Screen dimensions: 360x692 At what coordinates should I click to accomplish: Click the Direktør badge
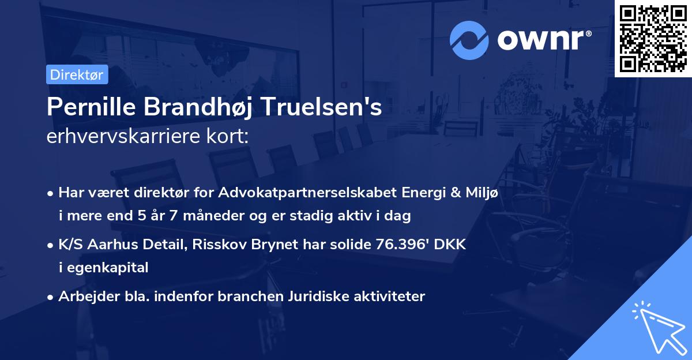tap(77, 74)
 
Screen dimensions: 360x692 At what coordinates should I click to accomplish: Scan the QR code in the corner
tap(653, 39)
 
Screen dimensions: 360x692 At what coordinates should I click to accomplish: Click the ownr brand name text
tap(542, 39)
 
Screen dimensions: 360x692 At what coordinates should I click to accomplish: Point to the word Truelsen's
tap(323, 108)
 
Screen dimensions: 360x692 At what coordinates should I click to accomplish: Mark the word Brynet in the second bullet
tap(277, 244)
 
